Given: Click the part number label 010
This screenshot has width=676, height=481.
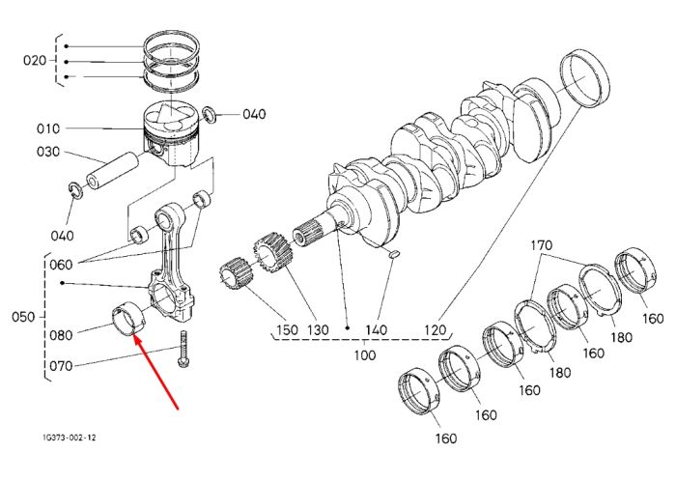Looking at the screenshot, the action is point(48,128).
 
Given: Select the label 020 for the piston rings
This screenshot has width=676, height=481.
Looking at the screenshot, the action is point(35,60).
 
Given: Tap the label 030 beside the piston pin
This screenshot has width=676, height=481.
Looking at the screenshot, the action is point(48,152).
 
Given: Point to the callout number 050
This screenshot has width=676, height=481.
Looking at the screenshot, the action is point(23,317).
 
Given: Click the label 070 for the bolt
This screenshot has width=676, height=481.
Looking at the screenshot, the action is point(61,366).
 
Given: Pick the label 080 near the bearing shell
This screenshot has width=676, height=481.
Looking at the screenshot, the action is point(61,335).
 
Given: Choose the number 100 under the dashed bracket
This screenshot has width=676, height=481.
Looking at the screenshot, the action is point(365,355).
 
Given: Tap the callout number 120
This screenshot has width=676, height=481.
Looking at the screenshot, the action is point(435,330).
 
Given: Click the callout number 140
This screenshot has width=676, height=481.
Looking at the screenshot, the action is point(376,330).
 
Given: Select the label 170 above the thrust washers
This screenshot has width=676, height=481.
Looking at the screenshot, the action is point(541,245).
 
